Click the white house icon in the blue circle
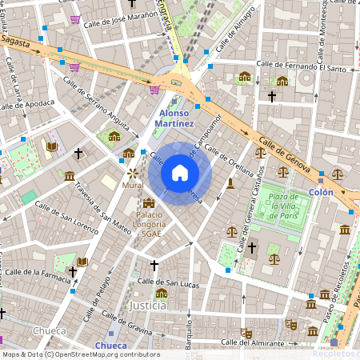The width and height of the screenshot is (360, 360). [180, 173]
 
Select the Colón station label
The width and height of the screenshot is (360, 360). [321, 192]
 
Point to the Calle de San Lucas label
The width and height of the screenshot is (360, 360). [167, 282]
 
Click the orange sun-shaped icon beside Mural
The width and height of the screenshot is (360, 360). [132, 172]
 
